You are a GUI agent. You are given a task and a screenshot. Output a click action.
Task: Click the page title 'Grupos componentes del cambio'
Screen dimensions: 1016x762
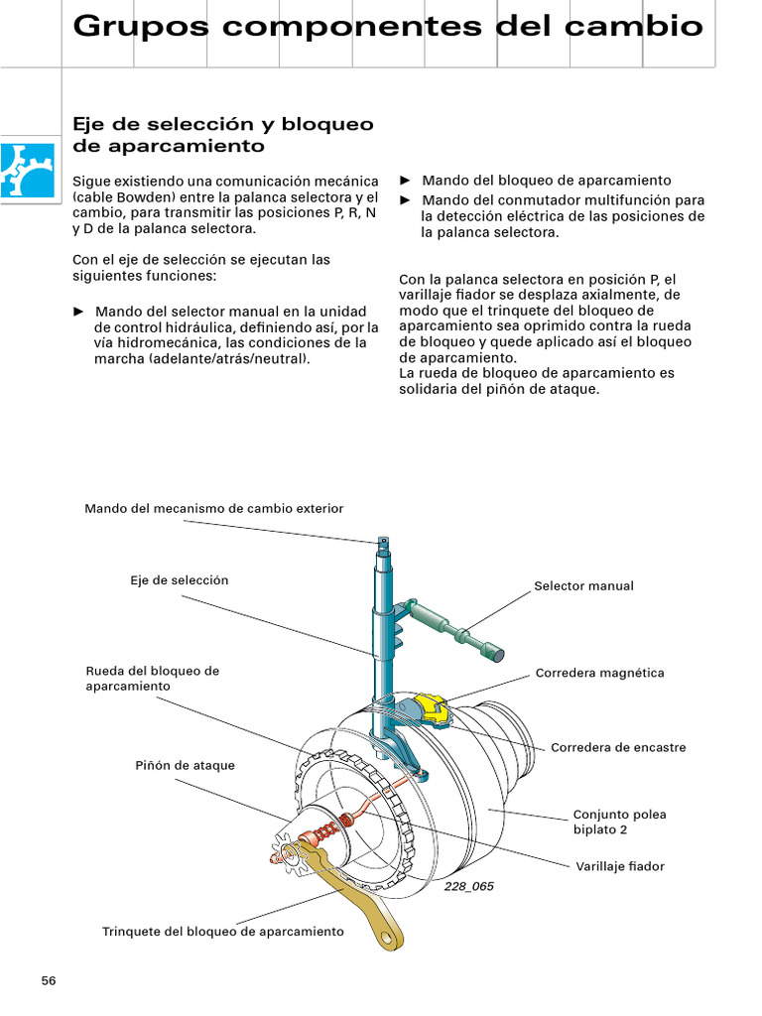(388, 27)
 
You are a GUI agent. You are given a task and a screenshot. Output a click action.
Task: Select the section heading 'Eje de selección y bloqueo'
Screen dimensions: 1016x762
(223, 124)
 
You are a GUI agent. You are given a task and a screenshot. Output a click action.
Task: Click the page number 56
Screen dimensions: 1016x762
(49, 981)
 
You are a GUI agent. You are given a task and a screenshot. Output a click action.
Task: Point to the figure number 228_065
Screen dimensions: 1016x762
(469, 886)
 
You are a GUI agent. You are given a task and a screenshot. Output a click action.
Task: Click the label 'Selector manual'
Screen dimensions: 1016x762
(583, 586)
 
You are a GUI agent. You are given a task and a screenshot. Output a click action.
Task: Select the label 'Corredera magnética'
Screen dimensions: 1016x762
(599, 673)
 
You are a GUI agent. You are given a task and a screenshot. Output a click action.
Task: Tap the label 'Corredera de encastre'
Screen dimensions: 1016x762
(617, 747)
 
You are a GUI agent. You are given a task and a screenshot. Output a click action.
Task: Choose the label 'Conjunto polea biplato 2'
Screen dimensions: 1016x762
(619, 822)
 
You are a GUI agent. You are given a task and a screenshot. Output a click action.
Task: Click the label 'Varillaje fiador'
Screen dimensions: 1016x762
(619, 866)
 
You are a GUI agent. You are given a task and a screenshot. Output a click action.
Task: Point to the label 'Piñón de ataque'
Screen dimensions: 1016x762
(185, 766)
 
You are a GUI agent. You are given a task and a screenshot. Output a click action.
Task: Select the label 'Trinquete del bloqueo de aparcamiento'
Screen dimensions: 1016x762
(223, 932)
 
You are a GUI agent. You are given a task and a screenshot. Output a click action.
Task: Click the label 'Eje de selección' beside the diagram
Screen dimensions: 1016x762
(179, 579)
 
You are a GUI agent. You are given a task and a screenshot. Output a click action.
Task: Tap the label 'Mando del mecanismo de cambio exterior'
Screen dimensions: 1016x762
(213, 508)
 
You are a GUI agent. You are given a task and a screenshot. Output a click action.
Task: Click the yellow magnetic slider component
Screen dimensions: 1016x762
(434, 707)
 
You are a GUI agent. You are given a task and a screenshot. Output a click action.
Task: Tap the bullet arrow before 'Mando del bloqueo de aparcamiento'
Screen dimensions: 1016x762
(405, 180)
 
